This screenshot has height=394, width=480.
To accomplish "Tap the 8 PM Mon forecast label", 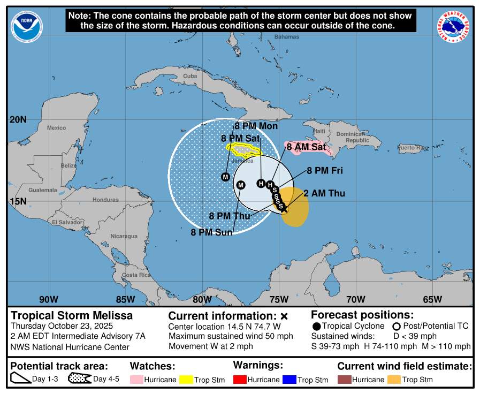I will pyautogui.click(x=256, y=126).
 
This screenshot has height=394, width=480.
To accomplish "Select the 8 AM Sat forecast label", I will pyautogui.click(x=306, y=146).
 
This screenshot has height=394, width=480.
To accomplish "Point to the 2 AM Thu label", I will pyautogui.click(x=324, y=193).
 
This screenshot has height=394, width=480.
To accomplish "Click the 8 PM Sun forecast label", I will pyautogui.click(x=211, y=232).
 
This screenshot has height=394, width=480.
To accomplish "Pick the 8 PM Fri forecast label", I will pyautogui.click(x=324, y=171).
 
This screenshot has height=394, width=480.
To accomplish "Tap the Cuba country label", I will pyautogui.click(x=190, y=76).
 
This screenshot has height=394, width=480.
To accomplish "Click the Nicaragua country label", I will pyautogui.click(x=124, y=236).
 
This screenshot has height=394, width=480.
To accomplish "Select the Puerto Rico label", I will pyautogui.click(x=413, y=147).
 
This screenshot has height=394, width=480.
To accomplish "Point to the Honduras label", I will pyautogui.click(x=105, y=200).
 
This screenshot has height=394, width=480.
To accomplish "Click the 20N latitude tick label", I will pyautogui.click(x=18, y=119).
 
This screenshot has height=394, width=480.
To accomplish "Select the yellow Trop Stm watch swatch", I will pyautogui.click(x=187, y=380).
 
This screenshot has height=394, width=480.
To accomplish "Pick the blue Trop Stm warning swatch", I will pyautogui.click(x=289, y=380).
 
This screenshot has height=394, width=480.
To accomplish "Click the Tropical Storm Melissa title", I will pyautogui.click(x=72, y=316).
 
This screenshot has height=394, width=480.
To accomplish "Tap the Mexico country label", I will pyautogui.click(x=56, y=128).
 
